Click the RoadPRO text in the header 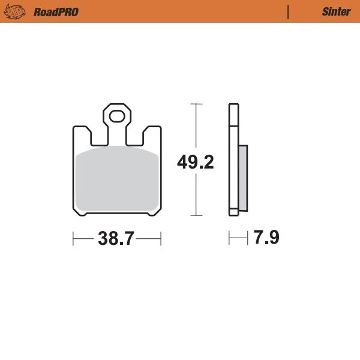pyautogui.click(x=56, y=11)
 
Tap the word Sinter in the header pyautogui.click(x=336, y=11)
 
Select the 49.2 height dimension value pyautogui.click(x=196, y=162)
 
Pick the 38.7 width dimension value pyautogui.click(x=116, y=238)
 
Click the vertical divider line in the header pyautogui.click(x=288, y=11)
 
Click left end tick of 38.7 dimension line pyautogui.click(x=73, y=238)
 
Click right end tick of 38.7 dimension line pyautogui.click(x=161, y=238)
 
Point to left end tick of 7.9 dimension pyautogui.click(x=229, y=238)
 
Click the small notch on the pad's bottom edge pyautogui.click(x=149, y=214)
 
